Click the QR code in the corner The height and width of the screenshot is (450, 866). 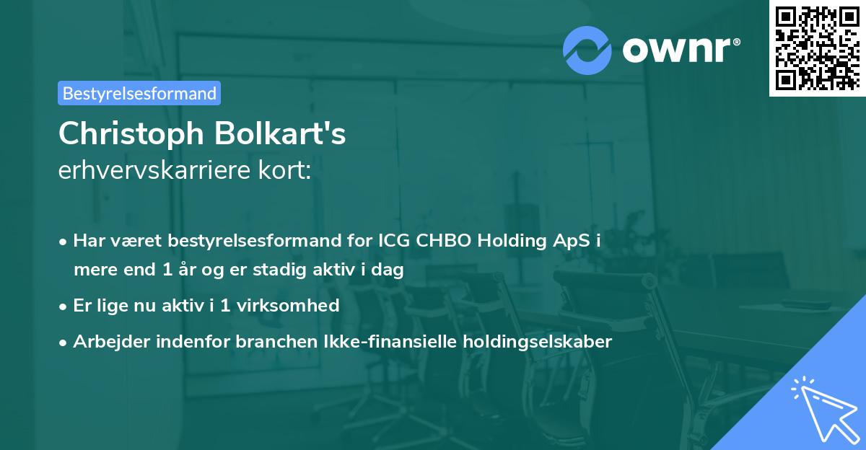click(x=817, y=48)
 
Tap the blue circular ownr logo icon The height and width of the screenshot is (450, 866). click(x=587, y=50)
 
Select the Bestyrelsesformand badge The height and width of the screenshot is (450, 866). click(x=139, y=93)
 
